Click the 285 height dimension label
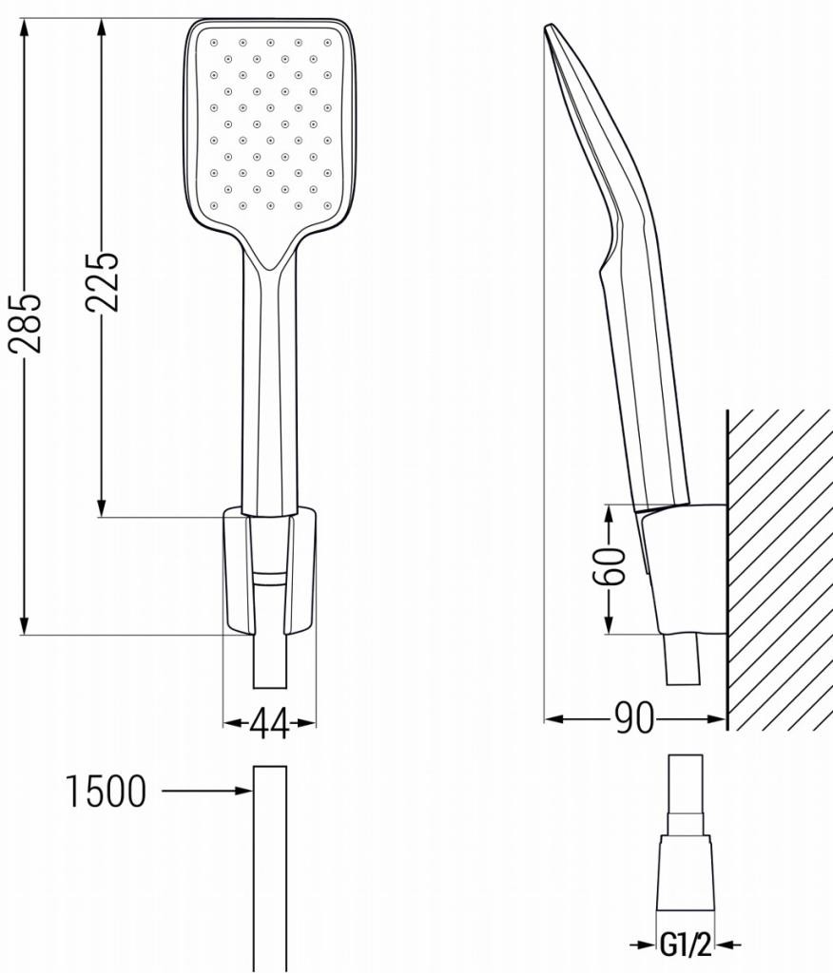(x=26, y=322)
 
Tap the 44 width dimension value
(x=270, y=723)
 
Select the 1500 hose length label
(x=107, y=791)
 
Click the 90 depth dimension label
(x=635, y=718)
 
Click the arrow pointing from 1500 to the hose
(x=207, y=791)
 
